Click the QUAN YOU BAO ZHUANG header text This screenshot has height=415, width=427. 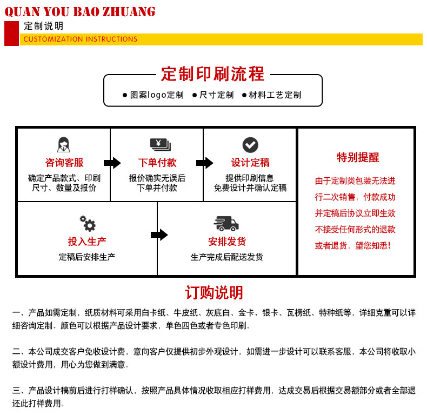click(79, 11)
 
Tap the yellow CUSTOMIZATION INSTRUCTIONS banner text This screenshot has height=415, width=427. click(81, 39)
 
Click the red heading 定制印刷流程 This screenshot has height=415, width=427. click(213, 74)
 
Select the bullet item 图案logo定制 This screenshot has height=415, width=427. click(153, 95)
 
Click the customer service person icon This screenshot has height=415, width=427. click(64, 145)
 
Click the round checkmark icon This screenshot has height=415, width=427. click(250, 145)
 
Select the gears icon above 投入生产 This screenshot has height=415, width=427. click(87, 223)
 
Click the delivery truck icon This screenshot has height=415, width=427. click(226, 223)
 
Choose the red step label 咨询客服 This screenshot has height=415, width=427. click(64, 163)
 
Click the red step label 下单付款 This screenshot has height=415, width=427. click(157, 163)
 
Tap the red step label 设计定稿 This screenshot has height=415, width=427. click(250, 163)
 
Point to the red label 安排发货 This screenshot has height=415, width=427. click(227, 242)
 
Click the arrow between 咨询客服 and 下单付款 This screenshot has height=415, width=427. click(112, 163)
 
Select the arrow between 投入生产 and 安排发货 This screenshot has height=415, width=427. click(159, 235)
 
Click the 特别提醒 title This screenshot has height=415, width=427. click(358, 158)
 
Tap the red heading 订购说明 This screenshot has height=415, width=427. click(214, 292)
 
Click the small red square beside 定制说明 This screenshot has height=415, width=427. click(11, 34)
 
